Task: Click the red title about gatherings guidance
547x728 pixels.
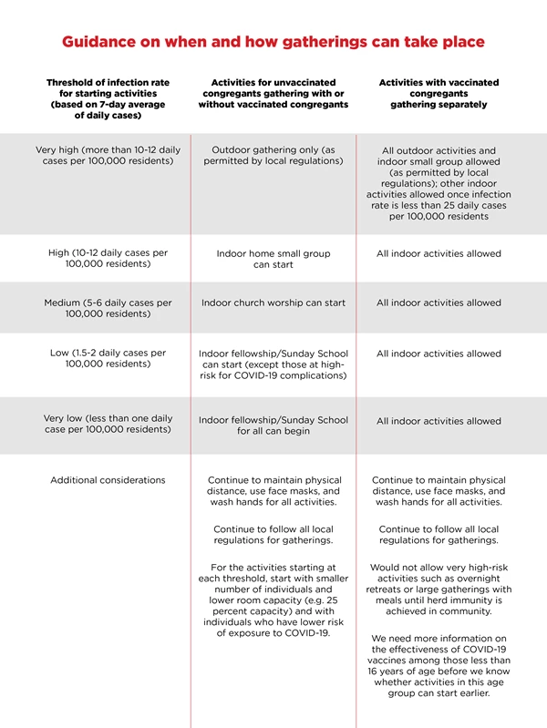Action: click(273, 42)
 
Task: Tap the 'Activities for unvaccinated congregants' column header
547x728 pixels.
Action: click(273, 93)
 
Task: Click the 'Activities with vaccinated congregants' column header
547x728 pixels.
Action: click(439, 93)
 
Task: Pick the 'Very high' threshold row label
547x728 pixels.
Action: click(108, 155)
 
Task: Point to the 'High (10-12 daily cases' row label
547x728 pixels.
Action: click(108, 259)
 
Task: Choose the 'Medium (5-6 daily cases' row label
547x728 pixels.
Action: click(108, 308)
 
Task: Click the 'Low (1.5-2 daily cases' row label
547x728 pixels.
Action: click(108, 358)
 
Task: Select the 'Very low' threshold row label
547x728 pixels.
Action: click(108, 424)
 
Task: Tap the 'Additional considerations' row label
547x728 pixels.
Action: click(108, 480)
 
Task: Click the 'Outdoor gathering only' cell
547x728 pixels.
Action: click(273, 155)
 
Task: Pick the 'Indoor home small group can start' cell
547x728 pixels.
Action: click(273, 259)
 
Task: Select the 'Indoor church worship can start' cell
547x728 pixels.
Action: click(273, 302)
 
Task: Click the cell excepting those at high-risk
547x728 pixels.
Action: click(273, 364)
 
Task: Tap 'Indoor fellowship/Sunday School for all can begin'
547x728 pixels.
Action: click(273, 426)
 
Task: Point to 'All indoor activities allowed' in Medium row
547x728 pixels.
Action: click(439, 302)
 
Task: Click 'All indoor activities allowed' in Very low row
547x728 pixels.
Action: click(439, 421)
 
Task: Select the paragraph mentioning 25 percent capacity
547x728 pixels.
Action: click(273, 600)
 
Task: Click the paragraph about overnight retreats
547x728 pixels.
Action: click(439, 590)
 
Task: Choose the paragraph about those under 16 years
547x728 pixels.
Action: click(439, 665)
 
